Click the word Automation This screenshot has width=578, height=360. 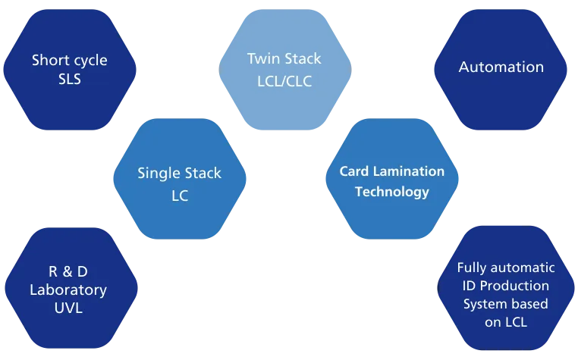coord(501,67)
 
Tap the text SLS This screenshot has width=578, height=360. coord(69,79)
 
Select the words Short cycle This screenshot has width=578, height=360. coord(69,60)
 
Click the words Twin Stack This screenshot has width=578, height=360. coord(284,59)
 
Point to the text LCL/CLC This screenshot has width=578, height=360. coord(284,79)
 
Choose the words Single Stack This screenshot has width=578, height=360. coord(179,174)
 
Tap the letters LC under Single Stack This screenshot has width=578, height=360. coord(179,195)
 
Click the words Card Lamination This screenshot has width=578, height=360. coord(391,172)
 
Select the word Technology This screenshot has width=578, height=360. coord(391,192)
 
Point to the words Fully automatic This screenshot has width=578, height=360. coord(506,268)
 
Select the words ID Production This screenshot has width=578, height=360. coord(506,286)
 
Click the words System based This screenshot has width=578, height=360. coord(506,304)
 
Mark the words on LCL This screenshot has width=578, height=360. coord(506,322)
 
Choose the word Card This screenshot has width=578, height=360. coord(353,172)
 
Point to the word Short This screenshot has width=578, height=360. coord(48,60)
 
